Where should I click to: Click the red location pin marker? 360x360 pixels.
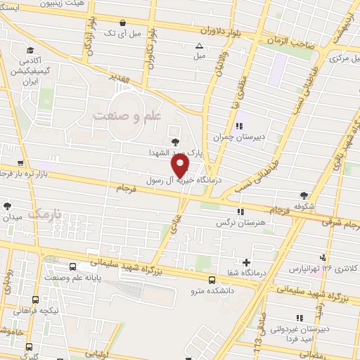pos(181,165)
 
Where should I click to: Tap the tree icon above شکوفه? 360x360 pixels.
pos(303,195)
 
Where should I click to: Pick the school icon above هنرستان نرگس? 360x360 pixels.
pos(242,211)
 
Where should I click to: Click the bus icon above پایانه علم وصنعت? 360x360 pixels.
pos(74,266)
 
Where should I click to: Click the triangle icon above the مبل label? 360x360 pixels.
pos(198,46)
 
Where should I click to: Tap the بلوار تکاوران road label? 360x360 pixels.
pos(149,53)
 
